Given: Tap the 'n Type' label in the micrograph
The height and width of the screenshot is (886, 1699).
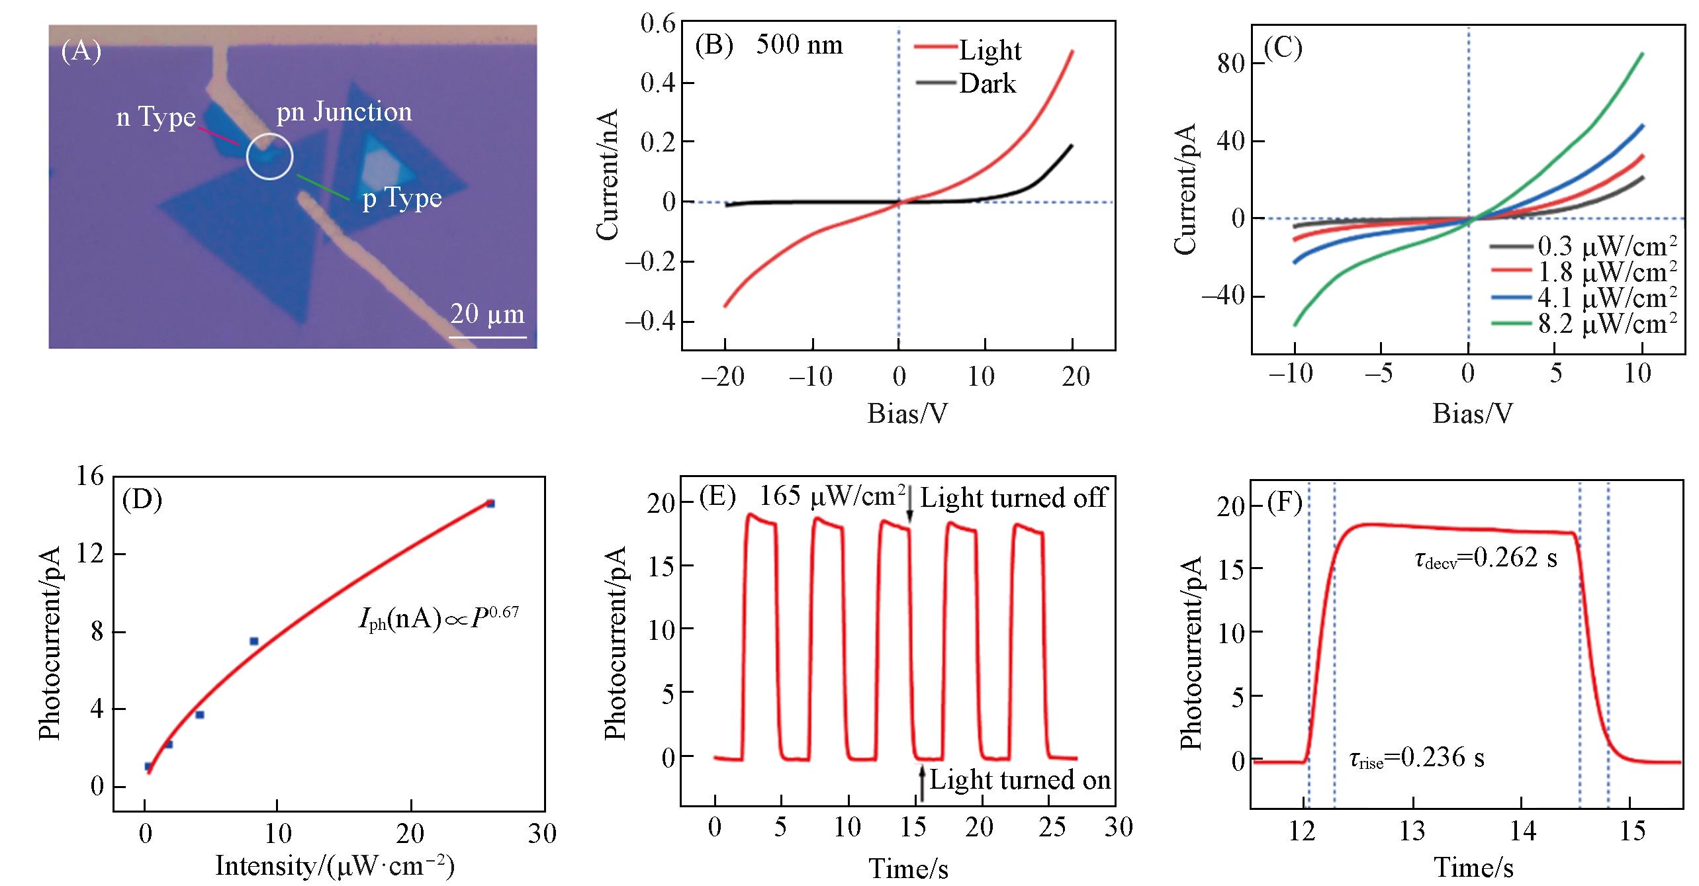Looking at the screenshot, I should coord(156,118).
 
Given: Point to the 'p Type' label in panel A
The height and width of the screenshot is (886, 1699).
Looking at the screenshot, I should coord(402,198).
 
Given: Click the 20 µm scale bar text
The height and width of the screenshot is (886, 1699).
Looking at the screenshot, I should coord(487,314).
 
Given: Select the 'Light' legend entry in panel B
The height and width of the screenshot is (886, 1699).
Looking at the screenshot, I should coord(990,51).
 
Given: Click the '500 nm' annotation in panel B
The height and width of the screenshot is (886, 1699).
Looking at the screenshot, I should coord(800,45).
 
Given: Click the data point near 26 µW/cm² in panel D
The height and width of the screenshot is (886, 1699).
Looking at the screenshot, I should coord(490,504).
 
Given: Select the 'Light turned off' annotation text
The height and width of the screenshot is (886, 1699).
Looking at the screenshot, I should coord(1013,498).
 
